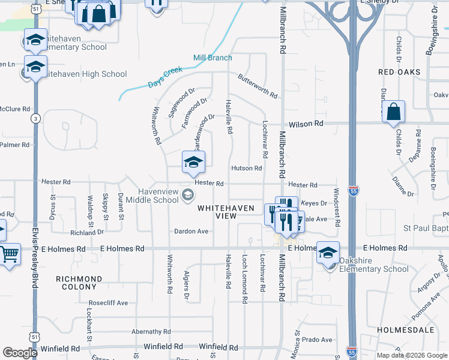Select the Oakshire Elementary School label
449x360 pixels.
click(373, 265)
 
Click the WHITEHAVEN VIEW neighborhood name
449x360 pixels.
click(225, 211)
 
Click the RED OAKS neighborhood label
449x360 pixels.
click(399, 72)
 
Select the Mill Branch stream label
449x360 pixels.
click(212, 58)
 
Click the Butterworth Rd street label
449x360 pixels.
click(258, 86)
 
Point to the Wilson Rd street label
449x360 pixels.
click(306, 124)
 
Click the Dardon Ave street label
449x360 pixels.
click(191, 231)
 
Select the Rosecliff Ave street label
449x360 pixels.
click(108, 303)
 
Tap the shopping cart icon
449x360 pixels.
click(8, 255)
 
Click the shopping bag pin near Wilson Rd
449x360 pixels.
click(393, 112)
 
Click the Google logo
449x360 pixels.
click(20, 352)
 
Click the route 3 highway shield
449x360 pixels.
click(35, 119)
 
